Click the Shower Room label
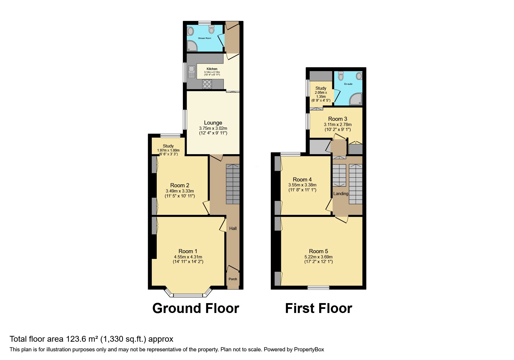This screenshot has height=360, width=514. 205,38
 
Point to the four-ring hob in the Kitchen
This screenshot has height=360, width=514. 207,84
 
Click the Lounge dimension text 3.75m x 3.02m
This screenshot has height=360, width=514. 213,128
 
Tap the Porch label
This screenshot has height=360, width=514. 233,279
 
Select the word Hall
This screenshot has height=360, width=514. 233,228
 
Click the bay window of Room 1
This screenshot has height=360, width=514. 188,295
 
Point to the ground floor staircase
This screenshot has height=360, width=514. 233,184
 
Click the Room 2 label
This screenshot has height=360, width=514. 180,185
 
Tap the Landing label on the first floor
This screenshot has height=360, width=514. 340,194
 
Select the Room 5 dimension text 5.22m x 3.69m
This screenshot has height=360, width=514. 318,257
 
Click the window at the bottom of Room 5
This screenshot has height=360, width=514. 318,287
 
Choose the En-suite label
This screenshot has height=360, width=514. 348,84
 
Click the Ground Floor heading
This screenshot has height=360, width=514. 196,308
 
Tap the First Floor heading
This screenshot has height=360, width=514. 318,308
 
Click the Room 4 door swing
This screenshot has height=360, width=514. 329,205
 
